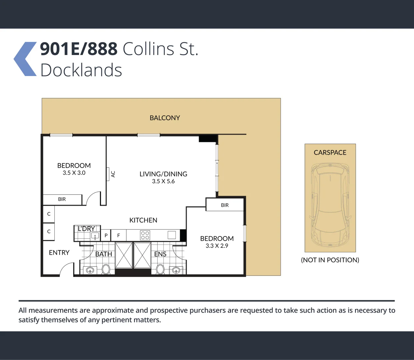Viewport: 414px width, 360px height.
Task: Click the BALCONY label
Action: click(x=165, y=118)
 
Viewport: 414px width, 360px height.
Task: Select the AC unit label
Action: click(x=113, y=174)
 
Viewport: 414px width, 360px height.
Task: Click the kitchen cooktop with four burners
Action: click(x=145, y=235)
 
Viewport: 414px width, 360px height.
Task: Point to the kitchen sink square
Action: click(x=172, y=235)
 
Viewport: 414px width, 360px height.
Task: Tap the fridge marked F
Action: click(x=118, y=235)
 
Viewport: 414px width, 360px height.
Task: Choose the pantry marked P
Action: click(x=106, y=235)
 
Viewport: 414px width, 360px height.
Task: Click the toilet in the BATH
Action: click(x=106, y=269)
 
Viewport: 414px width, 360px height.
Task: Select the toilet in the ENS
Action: click(x=160, y=269)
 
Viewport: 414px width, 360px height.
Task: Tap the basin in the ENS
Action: click(x=176, y=270)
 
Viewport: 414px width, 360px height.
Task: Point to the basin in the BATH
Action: click(x=90, y=270)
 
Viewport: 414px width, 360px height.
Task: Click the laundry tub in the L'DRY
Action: click(x=95, y=236)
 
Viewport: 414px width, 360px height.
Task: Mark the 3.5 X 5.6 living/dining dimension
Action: click(x=163, y=181)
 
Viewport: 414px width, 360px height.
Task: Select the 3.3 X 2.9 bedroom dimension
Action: click(x=217, y=246)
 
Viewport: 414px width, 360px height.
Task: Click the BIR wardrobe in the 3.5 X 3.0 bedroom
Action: click(x=62, y=199)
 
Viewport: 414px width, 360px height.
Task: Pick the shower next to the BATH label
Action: click(x=124, y=255)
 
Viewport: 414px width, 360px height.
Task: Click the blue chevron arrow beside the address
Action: click(x=25, y=59)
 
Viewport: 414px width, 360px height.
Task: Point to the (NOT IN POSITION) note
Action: click(x=330, y=260)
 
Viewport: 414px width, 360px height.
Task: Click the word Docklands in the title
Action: click(x=81, y=70)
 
